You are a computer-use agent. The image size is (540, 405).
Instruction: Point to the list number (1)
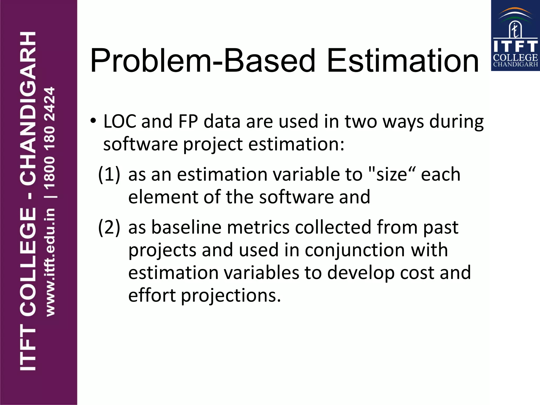point(109,175)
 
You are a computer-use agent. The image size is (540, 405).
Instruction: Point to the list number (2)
point(109,227)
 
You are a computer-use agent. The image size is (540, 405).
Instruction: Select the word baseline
point(186,227)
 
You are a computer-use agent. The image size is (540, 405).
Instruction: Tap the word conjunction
point(355,250)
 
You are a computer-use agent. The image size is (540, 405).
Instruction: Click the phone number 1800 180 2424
point(50,138)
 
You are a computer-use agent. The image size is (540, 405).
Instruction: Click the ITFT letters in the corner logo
point(515,46)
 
